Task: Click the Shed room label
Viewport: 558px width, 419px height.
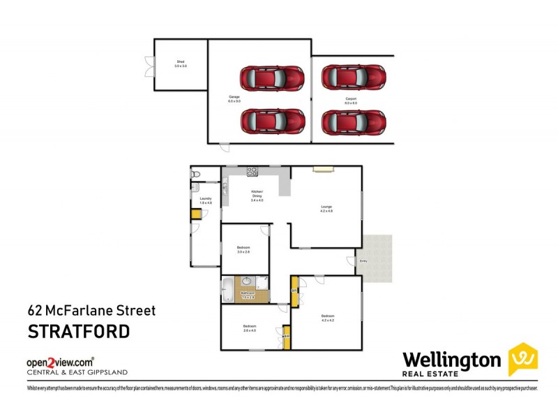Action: coord(181,64)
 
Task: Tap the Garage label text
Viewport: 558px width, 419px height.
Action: coord(234,98)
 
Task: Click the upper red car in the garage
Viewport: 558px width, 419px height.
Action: coord(273,78)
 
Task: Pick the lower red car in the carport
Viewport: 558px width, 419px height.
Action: coord(354,122)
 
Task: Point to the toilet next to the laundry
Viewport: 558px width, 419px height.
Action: coord(196,174)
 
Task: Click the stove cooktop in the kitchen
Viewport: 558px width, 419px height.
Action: coord(252,172)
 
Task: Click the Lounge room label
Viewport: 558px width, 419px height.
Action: coord(326,208)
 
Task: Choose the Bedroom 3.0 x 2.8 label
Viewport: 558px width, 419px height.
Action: coord(243,249)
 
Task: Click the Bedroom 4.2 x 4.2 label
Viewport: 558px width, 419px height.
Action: coord(327,318)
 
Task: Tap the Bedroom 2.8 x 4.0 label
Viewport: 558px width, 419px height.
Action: coord(250,328)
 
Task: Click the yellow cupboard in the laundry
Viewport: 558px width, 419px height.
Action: coord(196,214)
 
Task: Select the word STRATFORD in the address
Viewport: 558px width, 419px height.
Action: coord(78,331)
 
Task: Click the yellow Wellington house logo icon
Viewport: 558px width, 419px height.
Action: coord(522,360)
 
